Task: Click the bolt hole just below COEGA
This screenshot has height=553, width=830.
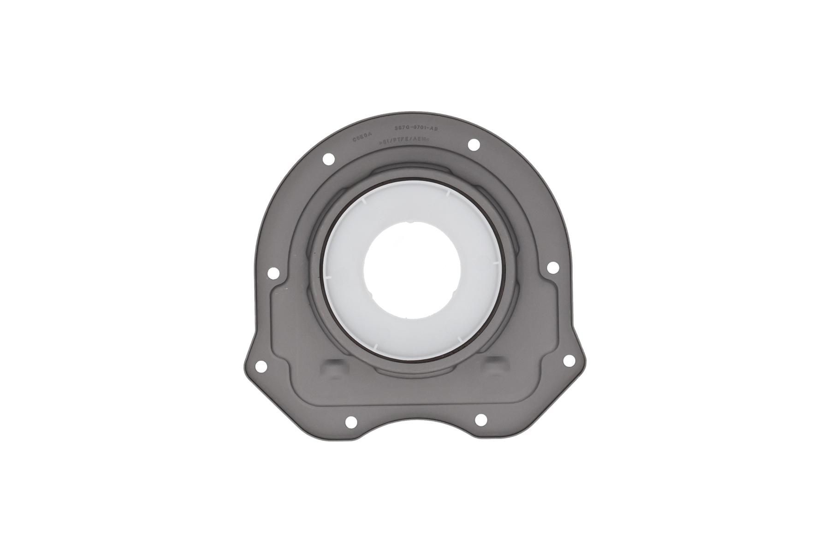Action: [328, 159]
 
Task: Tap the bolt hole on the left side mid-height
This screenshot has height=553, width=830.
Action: [273, 273]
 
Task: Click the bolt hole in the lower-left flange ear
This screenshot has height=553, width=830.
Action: [261, 367]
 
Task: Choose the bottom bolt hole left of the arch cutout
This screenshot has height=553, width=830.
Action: [351, 421]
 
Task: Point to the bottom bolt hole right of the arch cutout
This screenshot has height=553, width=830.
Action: [480, 419]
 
